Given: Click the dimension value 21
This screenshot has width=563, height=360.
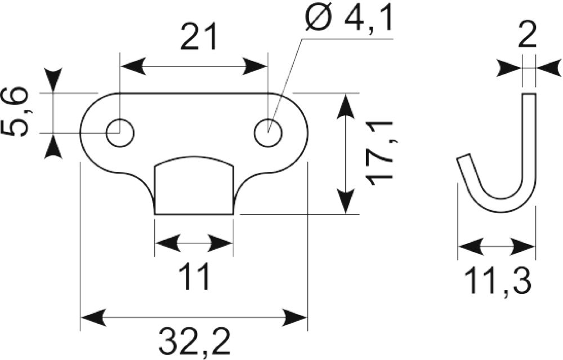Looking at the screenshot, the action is coord(199,37).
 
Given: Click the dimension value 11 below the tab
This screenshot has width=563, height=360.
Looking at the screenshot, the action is coord(194,276).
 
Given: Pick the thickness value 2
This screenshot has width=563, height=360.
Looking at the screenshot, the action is coord(527,35).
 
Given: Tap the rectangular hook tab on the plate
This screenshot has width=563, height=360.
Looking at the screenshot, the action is coord(194,185).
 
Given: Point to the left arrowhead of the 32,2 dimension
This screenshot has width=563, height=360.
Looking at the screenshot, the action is coord(94,317).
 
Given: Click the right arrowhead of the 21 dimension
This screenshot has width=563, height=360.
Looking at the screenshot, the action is coord(255,66).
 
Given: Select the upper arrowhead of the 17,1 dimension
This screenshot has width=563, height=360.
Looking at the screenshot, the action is coord(345,106).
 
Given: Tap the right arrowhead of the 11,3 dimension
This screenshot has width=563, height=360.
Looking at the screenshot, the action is coord(522,247).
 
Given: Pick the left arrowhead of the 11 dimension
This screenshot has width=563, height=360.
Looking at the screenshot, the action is coord(168,243).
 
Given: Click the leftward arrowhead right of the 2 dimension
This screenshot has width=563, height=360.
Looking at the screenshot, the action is coord(548,67).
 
